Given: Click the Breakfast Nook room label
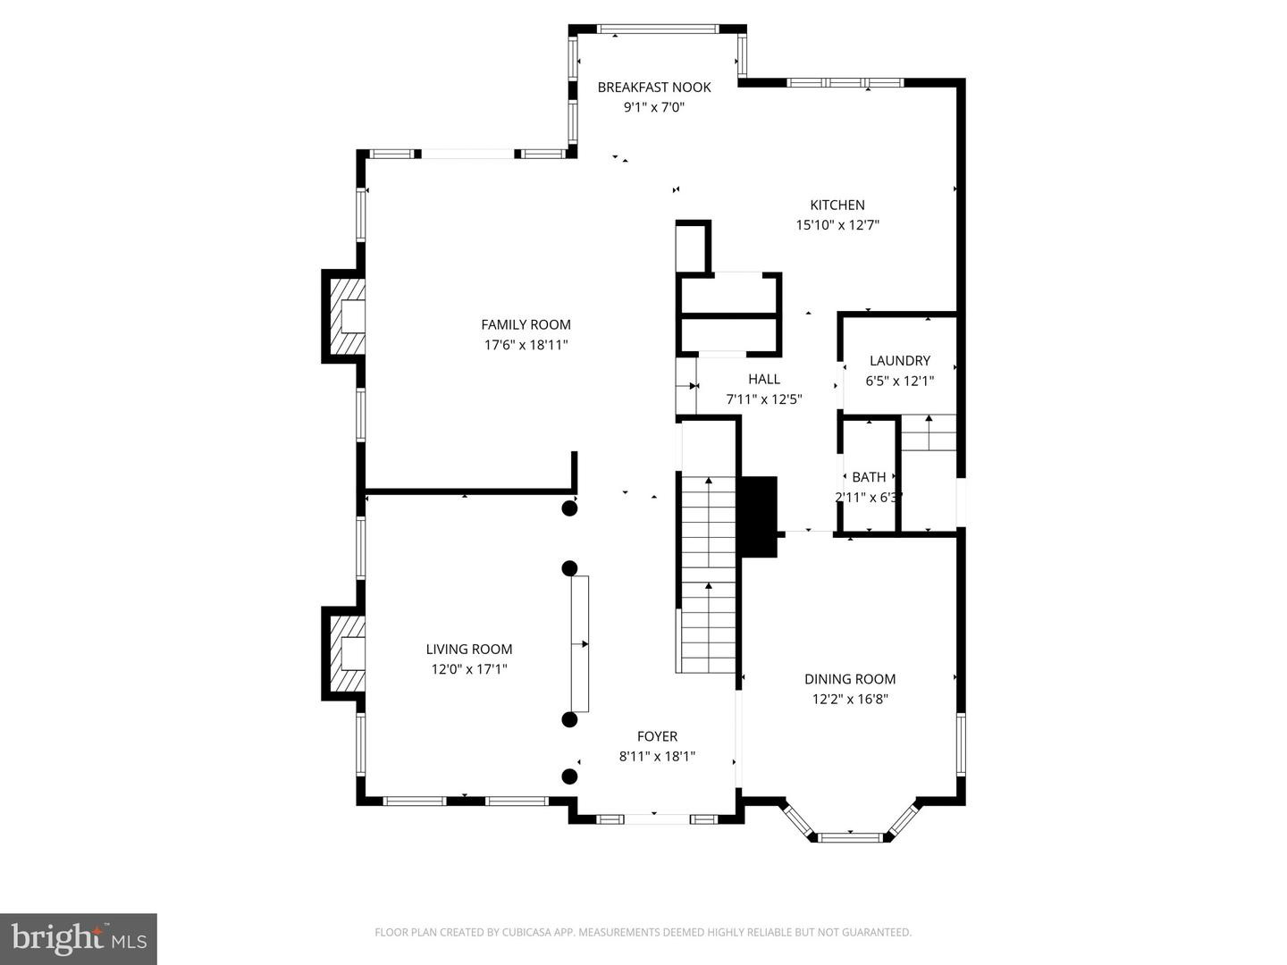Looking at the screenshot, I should pyautogui.click(x=654, y=87).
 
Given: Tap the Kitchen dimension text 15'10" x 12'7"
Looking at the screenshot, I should pyautogui.click(x=837, y=225).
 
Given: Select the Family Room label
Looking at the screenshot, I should pyautogui.click(x=526, y=324).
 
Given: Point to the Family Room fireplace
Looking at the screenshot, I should pyautogui.click(x=345, y=316).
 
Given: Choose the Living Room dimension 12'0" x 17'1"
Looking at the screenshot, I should pyautogui.click(x=469, y=668).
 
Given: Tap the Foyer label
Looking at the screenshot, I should pyautogui.click(x=657, y=736).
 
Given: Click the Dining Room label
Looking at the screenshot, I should pyautogui.click(x=849, y=679).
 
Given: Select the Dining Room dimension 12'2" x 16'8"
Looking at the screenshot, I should pyautogui.click(x=849, y=700).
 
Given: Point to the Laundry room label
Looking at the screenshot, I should pyautogui.click(x=900, y=360).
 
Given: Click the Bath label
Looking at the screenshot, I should pyautogui.click(x=869, y=477).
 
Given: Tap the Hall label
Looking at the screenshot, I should pyautogui.click(x=764, y=379).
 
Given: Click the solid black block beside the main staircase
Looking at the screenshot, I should pyautogui.click(x=759, y=516).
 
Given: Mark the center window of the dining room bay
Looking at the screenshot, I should pyautogui.click(x=850, y=837).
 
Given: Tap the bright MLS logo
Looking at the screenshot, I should pyautogui.click(x=79, y=938).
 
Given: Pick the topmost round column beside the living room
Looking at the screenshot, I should pyautogui.click(x=569, y=508).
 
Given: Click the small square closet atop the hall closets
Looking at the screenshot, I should pyautogui.click(x=692, y=248).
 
